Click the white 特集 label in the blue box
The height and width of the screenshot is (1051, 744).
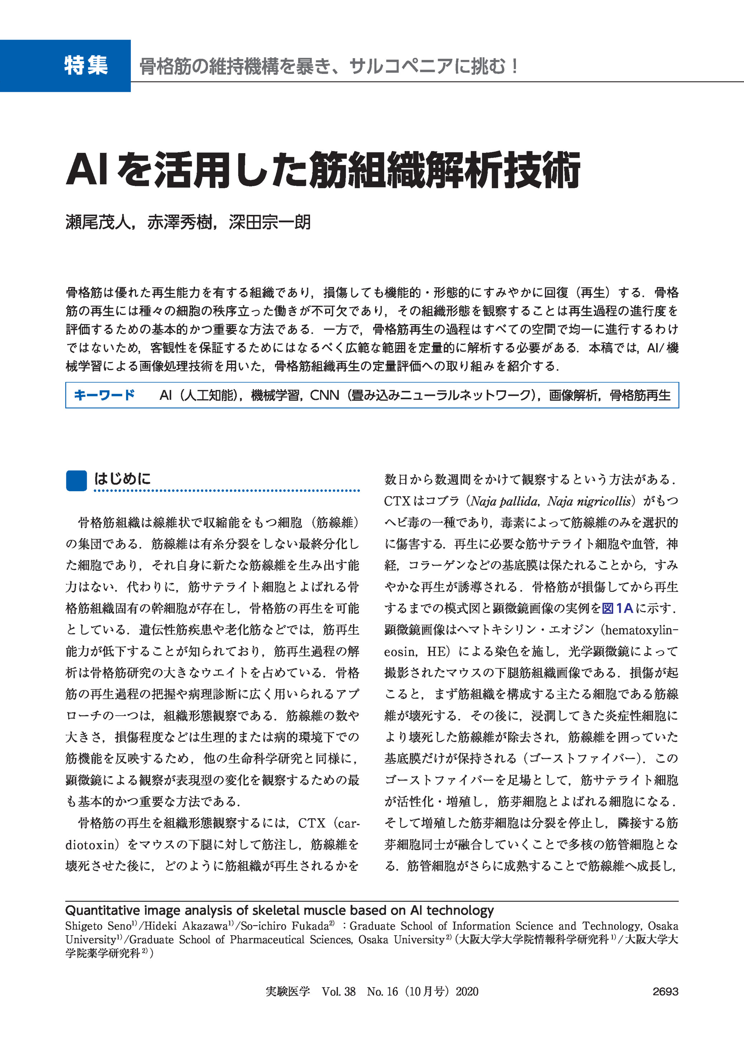[86, 66]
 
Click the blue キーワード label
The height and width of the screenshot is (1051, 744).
[104, 395]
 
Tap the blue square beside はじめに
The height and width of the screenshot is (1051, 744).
[76, 480]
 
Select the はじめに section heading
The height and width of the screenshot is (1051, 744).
[122, 479]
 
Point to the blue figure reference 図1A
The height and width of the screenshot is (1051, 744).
[617, 609]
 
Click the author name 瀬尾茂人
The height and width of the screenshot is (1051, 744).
[98, 223]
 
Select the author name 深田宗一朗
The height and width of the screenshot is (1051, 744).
[270, 223]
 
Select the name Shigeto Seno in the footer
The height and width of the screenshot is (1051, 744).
[98, 926]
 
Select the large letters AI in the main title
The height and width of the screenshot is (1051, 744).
[87, 170]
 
